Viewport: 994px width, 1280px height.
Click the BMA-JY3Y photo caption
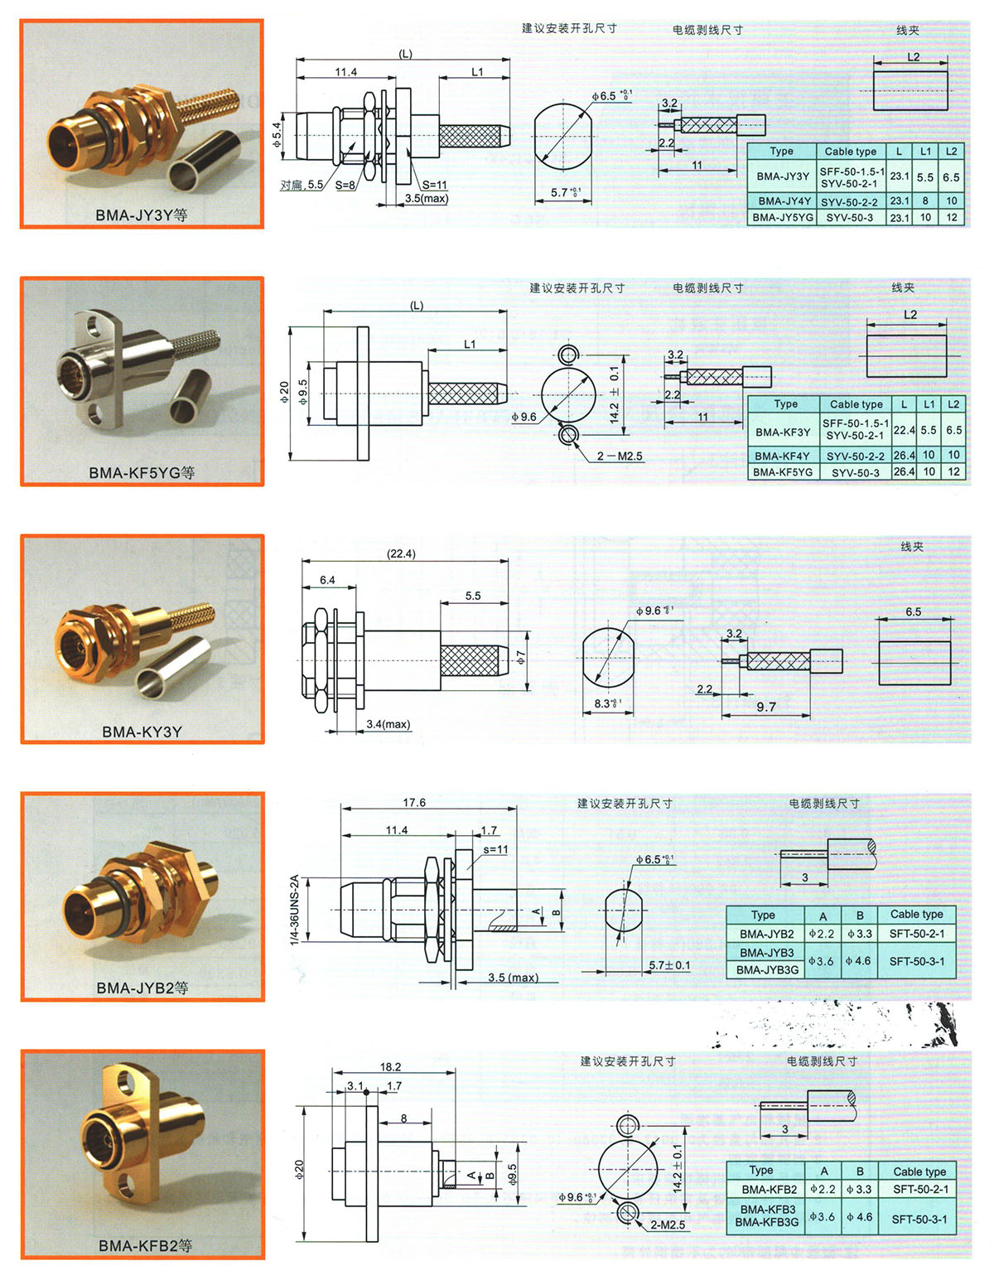coord(142,215)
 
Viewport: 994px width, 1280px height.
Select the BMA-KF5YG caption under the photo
coord(142,472)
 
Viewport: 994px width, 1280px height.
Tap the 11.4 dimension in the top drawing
coord(346,72)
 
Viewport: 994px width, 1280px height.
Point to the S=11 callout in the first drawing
coord(435,185)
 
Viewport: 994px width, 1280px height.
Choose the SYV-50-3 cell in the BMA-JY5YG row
coord(849,217)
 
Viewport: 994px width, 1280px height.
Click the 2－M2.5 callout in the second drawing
coord(620,456)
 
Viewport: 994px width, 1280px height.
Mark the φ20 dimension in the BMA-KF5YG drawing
coord(285,393)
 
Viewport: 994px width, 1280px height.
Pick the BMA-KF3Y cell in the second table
coord(783,432)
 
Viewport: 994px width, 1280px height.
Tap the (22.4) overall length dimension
coord(401,553)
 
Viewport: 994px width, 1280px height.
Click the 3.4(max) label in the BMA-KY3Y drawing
coord(388,724)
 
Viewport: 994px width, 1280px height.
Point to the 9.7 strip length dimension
coord(766,706)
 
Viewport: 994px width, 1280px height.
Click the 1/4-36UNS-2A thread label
coord(295,910)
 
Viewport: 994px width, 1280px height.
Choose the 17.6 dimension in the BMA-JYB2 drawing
coord(414,802)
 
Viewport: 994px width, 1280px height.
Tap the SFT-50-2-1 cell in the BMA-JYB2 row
coord(917,934)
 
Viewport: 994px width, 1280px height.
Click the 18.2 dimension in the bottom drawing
coord(390,1067)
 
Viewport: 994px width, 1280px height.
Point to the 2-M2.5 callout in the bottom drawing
coord(668,1224)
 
